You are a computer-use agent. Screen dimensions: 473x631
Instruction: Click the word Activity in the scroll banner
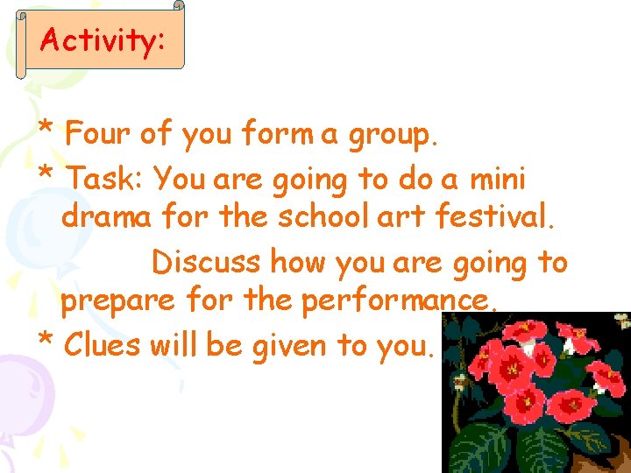(x=99, y=40)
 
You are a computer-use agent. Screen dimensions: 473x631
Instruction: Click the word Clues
(x=103, y=345)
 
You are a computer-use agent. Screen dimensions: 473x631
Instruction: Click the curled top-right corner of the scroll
(x=178, y=6)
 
